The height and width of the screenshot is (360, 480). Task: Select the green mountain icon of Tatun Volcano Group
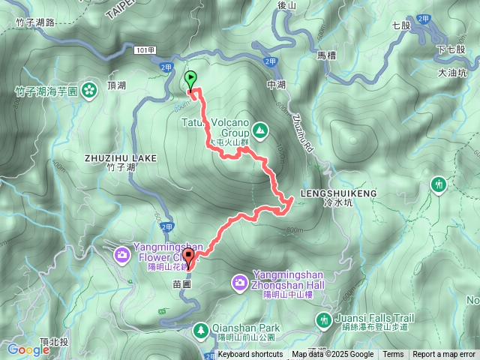[x=259, y=130]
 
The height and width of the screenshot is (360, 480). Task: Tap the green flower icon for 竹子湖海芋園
[x=89, y=91]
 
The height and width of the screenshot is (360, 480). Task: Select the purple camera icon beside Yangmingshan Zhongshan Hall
[x=239, y=282]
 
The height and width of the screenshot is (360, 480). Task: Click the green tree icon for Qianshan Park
[x=201, y=329]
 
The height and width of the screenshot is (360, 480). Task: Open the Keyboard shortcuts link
[x=250, y=355]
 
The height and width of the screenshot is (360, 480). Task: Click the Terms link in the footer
[x=393, y=355]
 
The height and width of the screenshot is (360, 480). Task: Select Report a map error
[x=444, y=355]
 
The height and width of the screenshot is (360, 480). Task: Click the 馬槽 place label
[x=327, y=55]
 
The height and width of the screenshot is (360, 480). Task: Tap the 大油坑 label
[x=451, y=73]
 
